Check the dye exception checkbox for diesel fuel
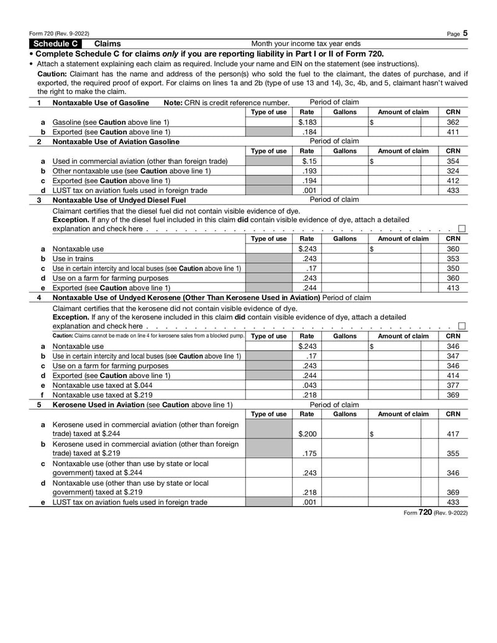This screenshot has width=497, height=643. tap(462, 229)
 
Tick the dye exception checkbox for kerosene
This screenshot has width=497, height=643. tap(462, 326)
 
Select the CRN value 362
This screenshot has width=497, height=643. tap(453, 122)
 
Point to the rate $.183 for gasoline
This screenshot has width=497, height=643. tap(307, 122)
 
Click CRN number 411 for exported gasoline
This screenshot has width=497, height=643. tap(453, 132)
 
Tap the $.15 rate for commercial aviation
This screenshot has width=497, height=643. tap(307, 162)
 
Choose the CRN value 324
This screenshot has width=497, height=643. tap(453, 171)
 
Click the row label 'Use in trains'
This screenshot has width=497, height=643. tap(72, 258)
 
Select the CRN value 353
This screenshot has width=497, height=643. tap(453, 258)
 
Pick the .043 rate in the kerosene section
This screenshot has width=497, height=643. tap(307, 385)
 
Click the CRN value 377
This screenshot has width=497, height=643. tap(453, 385)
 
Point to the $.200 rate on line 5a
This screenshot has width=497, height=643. tap(307, 433)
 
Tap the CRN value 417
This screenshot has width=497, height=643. tap(453, 433)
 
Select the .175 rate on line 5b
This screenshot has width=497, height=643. tap(307, 453)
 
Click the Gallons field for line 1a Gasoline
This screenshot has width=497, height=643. tap(345, 122)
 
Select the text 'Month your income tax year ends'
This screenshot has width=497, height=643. tap(306, 44)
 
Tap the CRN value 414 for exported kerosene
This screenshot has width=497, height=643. tap(453, 375)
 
